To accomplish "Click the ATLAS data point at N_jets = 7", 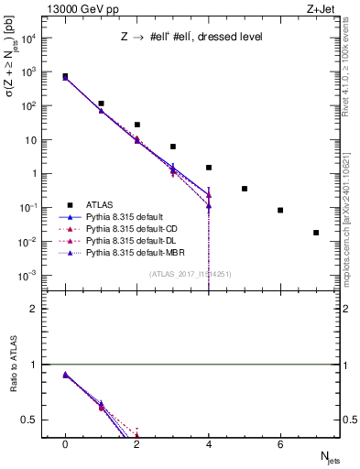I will pos(316,233).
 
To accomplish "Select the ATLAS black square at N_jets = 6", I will pos(280,210).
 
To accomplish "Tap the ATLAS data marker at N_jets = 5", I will pos(245,189).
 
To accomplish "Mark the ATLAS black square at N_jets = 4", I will pos(209,168).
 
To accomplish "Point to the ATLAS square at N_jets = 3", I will pos(173,147).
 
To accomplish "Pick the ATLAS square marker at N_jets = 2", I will pos(137,125).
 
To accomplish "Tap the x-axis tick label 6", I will pos(280,443).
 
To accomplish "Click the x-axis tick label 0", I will pos(65,443).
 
